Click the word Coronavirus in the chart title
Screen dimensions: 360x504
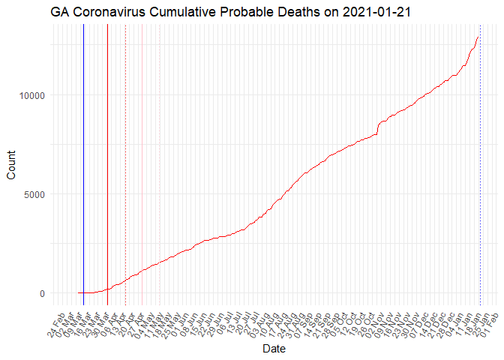click(x=118, y=12)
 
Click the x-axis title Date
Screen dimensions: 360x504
click(x=273, y=349)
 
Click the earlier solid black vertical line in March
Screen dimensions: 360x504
click(x=83, y=150)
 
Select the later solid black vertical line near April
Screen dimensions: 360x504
click(x=108, y=150)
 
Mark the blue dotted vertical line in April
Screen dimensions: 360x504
click(x=125, y=150)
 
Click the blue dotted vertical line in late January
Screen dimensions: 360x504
click(x=480, y=150)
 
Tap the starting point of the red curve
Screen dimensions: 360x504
click(x=78, y=293)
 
